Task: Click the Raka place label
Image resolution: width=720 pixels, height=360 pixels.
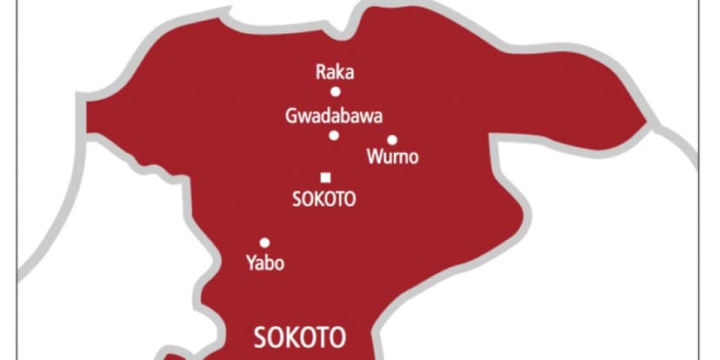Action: (334, 72)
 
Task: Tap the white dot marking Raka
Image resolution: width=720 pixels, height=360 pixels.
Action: (335, 91)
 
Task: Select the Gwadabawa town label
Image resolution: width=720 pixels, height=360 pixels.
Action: (334, 115)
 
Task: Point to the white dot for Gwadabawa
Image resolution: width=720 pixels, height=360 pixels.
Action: (334, 135)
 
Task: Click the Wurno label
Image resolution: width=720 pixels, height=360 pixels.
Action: (393, 157)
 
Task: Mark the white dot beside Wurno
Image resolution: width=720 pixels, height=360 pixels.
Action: (392, 139)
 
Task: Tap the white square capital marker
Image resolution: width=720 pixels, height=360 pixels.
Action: (325, 177)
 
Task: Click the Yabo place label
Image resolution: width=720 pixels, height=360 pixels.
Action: (265, 263)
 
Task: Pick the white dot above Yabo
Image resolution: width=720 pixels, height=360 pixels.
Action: (264, 243)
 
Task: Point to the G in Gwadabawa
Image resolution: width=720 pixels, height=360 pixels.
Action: (290, 115)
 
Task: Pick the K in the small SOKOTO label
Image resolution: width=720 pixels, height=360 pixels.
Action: (319, 198)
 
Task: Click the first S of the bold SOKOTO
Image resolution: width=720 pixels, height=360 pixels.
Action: (258, 337)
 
